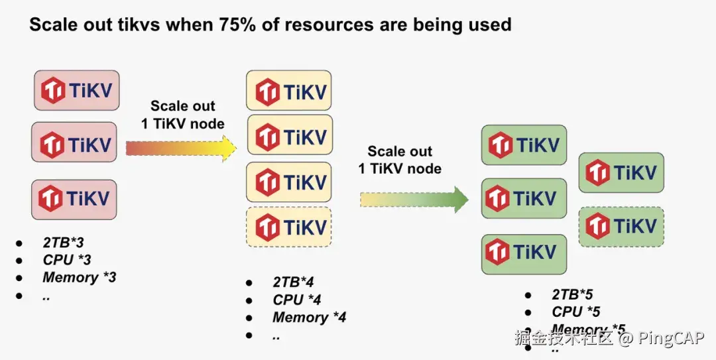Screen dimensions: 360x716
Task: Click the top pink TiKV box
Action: pyautogui.click(x=77, y=91)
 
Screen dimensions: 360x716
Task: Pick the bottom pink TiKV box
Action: pyautogui.click(x=74, y=199)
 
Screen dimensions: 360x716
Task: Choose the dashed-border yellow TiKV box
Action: pyautogui.click(x=288, y=227)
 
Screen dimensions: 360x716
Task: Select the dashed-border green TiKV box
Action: pyautogui.click(x=621, y=227)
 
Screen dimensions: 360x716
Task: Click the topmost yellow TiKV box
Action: pyautogui.click(x=288, y=91)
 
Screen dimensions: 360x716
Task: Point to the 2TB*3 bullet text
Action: pyautogui.click(x=64, y=243)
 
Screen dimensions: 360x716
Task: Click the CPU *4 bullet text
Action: pyautogui.click(x=297, y=300)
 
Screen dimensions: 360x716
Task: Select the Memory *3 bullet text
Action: pyautogui.click(x=79, y=277)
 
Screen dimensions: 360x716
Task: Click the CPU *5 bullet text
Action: pyautogui.click(x=576, y=312)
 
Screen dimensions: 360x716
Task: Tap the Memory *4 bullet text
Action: pyautogui.click(x=309, y=318)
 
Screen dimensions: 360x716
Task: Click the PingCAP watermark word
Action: pyautogui.click(x=671, y=339)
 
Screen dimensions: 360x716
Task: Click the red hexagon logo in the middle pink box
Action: pyautogui.click(x=52, y=144)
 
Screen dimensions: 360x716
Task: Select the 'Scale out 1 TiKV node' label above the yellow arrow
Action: pyautogui.click(x=182, y=115)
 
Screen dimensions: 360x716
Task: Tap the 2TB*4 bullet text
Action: pyautogui.click(x=293, y=283)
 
